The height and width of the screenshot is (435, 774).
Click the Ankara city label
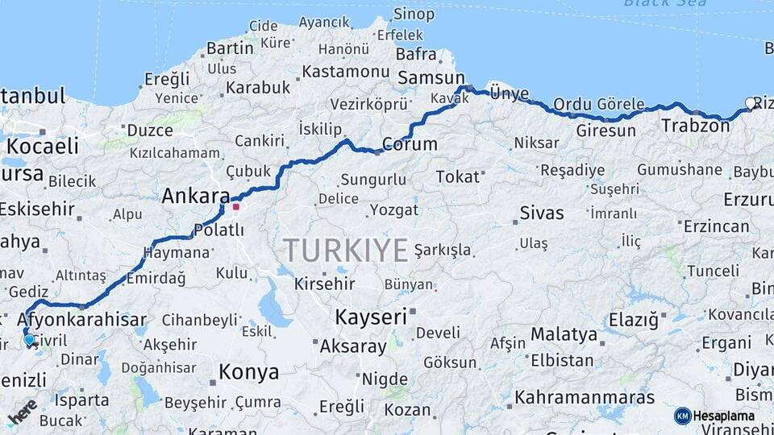tap(196, 196)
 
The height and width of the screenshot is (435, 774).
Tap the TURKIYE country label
tap(345, 251)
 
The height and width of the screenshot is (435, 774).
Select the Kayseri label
tap(371, 317)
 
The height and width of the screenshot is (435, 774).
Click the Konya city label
tap(249, 372)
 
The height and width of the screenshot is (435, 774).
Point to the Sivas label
tap(542, 213)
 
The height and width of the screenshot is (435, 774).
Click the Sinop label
tap(414, 14)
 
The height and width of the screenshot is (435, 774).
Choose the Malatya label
tap(564, 334)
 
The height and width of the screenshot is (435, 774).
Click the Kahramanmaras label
tap(585, 397)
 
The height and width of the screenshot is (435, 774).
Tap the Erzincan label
tap(717, 226)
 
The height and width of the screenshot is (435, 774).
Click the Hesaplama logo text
tap(724, 416)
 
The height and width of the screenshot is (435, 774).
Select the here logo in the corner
tap(23, 412)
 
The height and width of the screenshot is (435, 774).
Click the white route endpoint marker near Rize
tap(751, 103)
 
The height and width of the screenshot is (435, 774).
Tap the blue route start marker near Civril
tap(30, 341)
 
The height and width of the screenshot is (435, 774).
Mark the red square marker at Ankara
tap(235, 206)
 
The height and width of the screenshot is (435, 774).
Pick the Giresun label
tap(605, 130)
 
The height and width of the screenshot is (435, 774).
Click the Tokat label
tap(457, 176)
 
